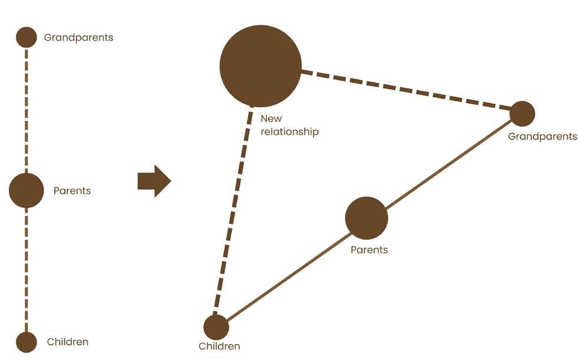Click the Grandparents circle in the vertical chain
[26, 37]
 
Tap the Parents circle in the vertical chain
[27, 190]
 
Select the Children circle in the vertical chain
[27, 342]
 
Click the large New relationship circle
[260, 66]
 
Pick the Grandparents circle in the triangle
[522, 114]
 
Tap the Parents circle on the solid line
[366, 218]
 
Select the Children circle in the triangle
[216, 327]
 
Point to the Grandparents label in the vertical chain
[78, 38]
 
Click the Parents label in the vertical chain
[72, 191]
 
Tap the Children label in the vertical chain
[68, 342]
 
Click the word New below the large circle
[271, 119]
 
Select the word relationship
[290, 132]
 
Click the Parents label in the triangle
[369, 250]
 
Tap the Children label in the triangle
[219, 346]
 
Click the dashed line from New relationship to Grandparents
[407, 91]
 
